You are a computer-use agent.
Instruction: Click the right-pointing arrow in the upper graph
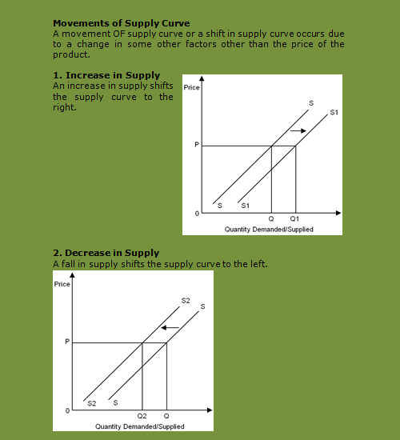click(x=298, y=130)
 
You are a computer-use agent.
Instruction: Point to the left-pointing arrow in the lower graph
click(x=168, y=327)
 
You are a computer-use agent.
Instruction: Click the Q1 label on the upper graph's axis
click(x=294, y=219)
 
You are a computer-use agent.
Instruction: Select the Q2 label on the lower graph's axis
click(x=142, y=417)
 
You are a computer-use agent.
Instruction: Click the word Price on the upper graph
click(x=191, y=87)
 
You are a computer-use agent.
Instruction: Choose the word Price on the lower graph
click(x=62, y=284)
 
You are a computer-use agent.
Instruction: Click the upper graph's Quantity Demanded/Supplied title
click(x=269, y=230)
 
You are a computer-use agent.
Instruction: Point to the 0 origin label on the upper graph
click(x=195, y=214)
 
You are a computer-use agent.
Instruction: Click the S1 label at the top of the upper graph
click(x=334, y=113)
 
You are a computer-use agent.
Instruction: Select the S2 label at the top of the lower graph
click(x=186, y=300)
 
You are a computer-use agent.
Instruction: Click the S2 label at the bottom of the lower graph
click(x=92, y=403)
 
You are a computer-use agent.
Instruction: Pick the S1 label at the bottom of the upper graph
click(x=246, y=206)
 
